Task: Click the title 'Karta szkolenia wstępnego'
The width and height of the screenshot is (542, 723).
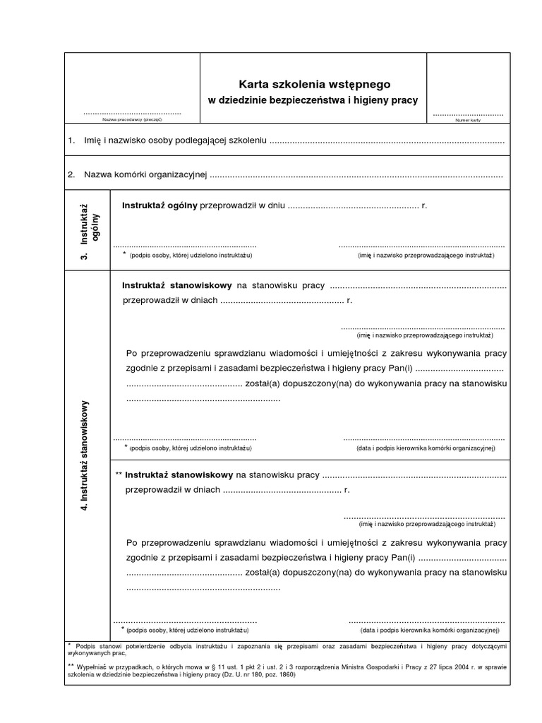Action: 313,85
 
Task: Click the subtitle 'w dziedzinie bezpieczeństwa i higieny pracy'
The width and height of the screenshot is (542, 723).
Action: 313,100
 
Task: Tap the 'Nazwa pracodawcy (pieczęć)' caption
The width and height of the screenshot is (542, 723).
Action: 133,120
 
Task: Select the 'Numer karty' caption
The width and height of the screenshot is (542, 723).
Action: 468,121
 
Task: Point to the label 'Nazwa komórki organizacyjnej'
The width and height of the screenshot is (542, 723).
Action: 145,174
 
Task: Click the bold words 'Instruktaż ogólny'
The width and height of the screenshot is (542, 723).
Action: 160,206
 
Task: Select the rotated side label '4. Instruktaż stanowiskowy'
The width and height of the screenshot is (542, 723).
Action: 85,455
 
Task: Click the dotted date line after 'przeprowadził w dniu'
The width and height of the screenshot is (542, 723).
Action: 353,207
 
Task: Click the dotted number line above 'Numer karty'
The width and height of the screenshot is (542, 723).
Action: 468,114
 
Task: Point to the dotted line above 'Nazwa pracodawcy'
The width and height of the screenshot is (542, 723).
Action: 133,113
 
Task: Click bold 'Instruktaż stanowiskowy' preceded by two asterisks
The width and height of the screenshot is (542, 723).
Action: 179,475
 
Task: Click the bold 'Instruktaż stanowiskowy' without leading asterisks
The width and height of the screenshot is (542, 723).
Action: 177,285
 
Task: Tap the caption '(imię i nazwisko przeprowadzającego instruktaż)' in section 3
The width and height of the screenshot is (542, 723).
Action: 426,255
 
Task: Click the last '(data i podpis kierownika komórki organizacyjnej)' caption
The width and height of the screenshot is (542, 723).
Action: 429,629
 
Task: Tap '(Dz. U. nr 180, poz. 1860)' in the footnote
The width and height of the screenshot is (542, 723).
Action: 242,675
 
